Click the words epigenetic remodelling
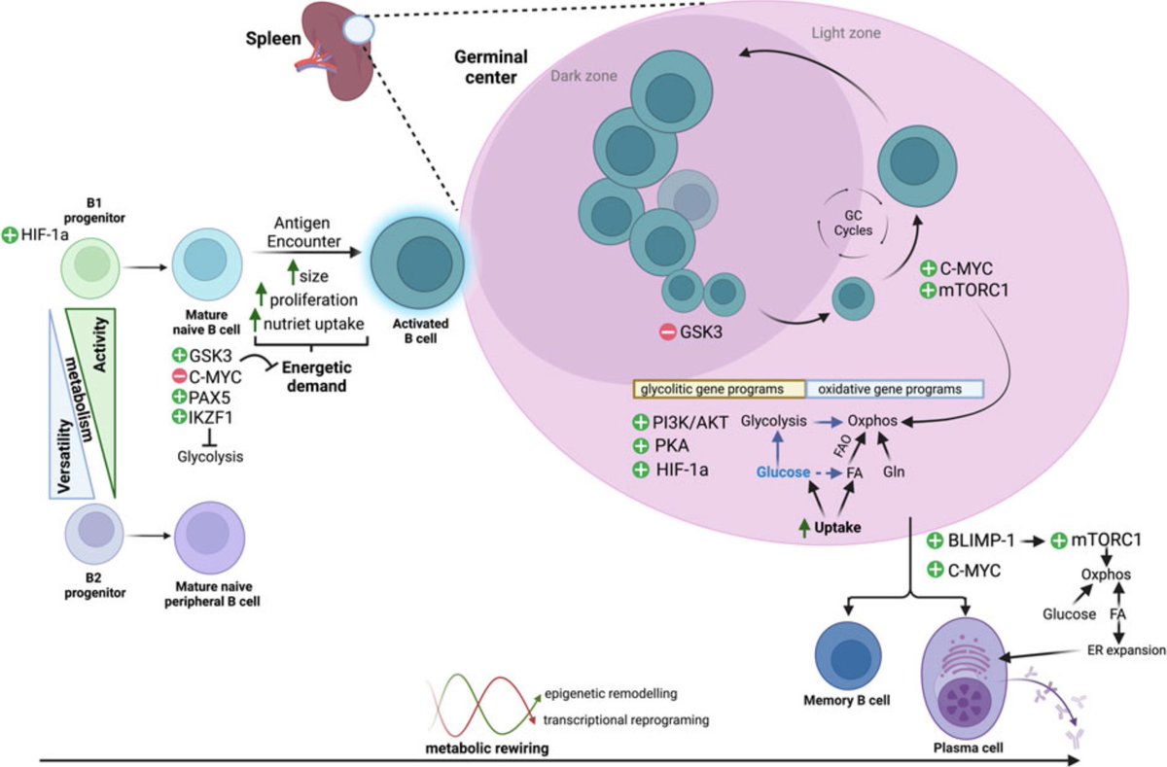pyautogui.click(x=610, y=693)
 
